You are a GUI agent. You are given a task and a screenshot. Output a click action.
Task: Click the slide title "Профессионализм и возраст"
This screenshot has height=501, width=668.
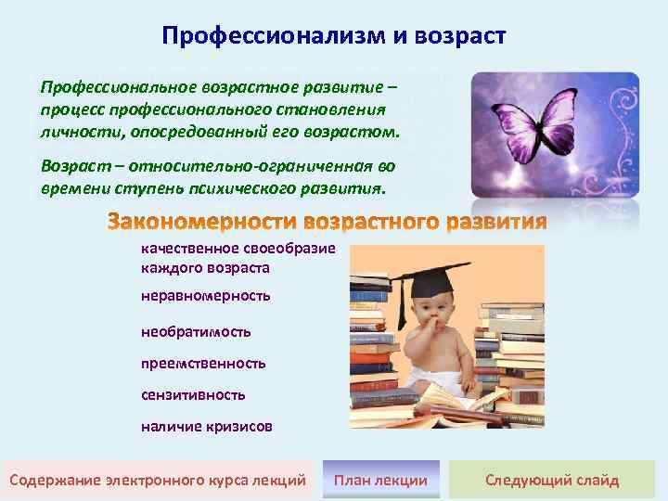click(x=334, y=36)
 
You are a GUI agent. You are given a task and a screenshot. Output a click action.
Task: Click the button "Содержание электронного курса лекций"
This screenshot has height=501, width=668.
click(x=157, y=480)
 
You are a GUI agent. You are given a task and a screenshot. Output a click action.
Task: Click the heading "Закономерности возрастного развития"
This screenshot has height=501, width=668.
click(x=328, y=224)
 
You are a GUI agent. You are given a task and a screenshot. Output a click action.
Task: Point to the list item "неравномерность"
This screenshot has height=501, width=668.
click(x=205, y=295)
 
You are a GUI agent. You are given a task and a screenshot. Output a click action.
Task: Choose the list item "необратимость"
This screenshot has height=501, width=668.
click(x=196, y=330)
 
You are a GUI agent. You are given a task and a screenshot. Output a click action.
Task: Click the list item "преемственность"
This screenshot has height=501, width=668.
click(x=203, y=363)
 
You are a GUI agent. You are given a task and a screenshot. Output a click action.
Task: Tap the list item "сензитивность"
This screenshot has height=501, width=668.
click(x=193, y=394)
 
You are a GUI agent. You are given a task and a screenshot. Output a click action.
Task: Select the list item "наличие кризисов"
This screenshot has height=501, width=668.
click(x=207, y=427)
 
